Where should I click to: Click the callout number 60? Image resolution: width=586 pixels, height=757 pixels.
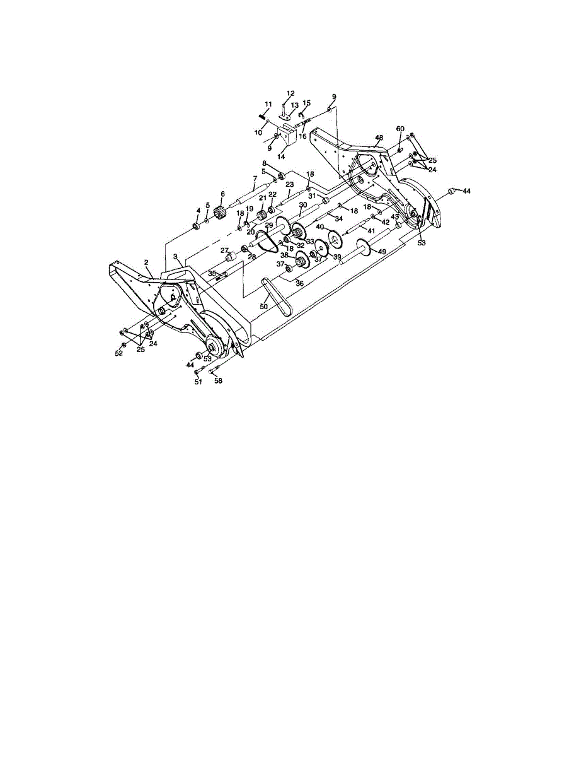400,129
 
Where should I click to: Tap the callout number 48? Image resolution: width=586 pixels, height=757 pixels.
379,138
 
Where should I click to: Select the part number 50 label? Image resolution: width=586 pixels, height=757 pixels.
264,306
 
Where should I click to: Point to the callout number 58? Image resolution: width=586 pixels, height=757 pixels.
218,381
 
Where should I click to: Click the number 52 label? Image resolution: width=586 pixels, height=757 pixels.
118,353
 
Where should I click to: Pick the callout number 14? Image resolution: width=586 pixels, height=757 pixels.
281,156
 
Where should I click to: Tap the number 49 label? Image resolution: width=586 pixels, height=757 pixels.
382,251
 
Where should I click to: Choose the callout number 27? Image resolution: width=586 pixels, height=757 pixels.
224,250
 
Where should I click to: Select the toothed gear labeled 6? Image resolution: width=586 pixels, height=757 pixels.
219,211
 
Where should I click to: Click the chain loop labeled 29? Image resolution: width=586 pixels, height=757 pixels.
267,240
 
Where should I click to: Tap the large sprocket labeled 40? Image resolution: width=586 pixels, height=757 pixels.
335,239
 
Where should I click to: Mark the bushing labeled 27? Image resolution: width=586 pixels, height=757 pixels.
230,257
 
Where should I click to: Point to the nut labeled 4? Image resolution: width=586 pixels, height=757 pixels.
195,227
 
